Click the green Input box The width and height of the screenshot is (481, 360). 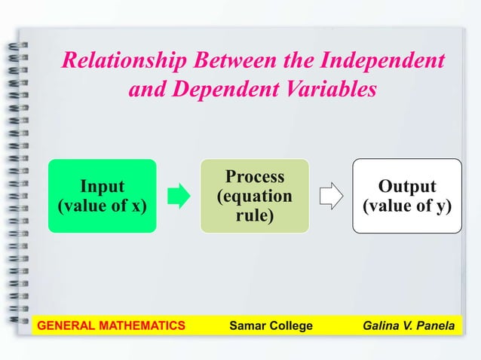[103, 196]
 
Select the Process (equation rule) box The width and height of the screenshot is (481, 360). [254, 196]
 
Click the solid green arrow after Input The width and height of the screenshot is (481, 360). [179, 197]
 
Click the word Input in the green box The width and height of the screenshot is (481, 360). [103, 186]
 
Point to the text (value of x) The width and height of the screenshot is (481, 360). [103, 206]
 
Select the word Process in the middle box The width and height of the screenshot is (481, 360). [255, 177]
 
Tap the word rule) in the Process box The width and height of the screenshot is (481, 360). [255, 216]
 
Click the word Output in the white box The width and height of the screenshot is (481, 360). [407, 186]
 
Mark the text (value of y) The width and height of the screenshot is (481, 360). [407, 206]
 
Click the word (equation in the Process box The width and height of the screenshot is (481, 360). [255, 197]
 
